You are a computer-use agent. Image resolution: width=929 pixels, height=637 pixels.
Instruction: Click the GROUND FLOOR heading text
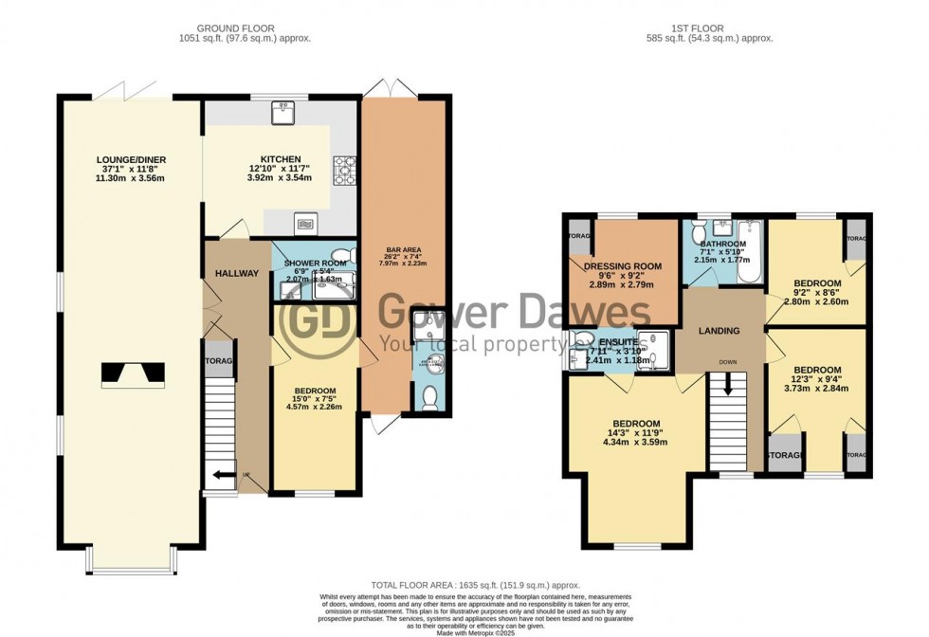[244, 27]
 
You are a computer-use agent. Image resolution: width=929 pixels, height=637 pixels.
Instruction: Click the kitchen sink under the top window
[282, 115]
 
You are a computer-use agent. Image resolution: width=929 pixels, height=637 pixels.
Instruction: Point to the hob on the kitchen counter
[343, 171]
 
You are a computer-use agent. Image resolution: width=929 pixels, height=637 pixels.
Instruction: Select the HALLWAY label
[236, 273]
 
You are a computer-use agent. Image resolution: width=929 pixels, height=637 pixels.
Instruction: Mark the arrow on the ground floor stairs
[224, 476]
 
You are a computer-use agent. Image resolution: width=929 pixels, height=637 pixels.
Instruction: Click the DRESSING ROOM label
[622, 266]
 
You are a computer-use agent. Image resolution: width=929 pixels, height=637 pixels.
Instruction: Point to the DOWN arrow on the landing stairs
[728, 384]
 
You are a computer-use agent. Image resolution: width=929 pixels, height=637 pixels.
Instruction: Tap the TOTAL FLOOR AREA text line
[475, 586]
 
